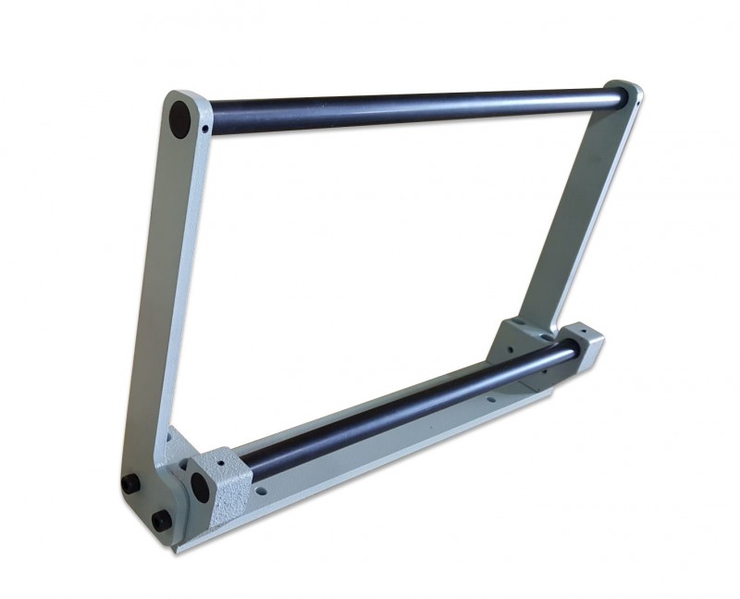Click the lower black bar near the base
[x=407, y=407]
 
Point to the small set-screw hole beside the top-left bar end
[x=203, y=130]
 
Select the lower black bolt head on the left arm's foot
[x=160, y=519]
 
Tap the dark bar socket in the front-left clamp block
[x=198, y=487]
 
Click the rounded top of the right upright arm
[x=629, y=91]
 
